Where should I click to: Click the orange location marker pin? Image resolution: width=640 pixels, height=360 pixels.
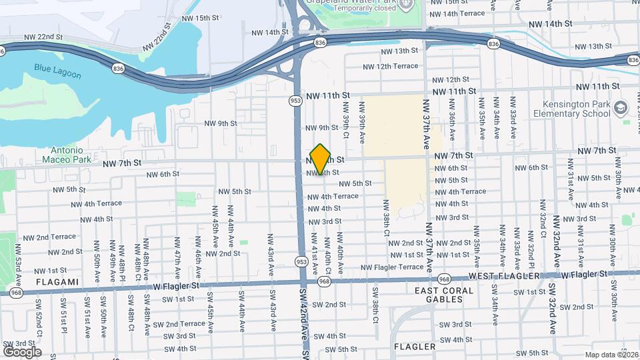pyautogui.click(x=321, y=159)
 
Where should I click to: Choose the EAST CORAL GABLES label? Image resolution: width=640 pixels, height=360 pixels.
pyautogui.click(x=444, y=295)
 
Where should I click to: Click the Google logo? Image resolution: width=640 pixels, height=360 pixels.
pyautogui.click(x=22, y=352)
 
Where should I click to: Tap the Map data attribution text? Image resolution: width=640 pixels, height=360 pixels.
pyautogui.click(x=611, y=355)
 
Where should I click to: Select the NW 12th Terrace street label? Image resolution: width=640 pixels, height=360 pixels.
pyautogui.click(x=391, y=66)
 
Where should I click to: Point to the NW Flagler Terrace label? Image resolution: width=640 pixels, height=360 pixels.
pyautogui.click(x=392, y=267)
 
